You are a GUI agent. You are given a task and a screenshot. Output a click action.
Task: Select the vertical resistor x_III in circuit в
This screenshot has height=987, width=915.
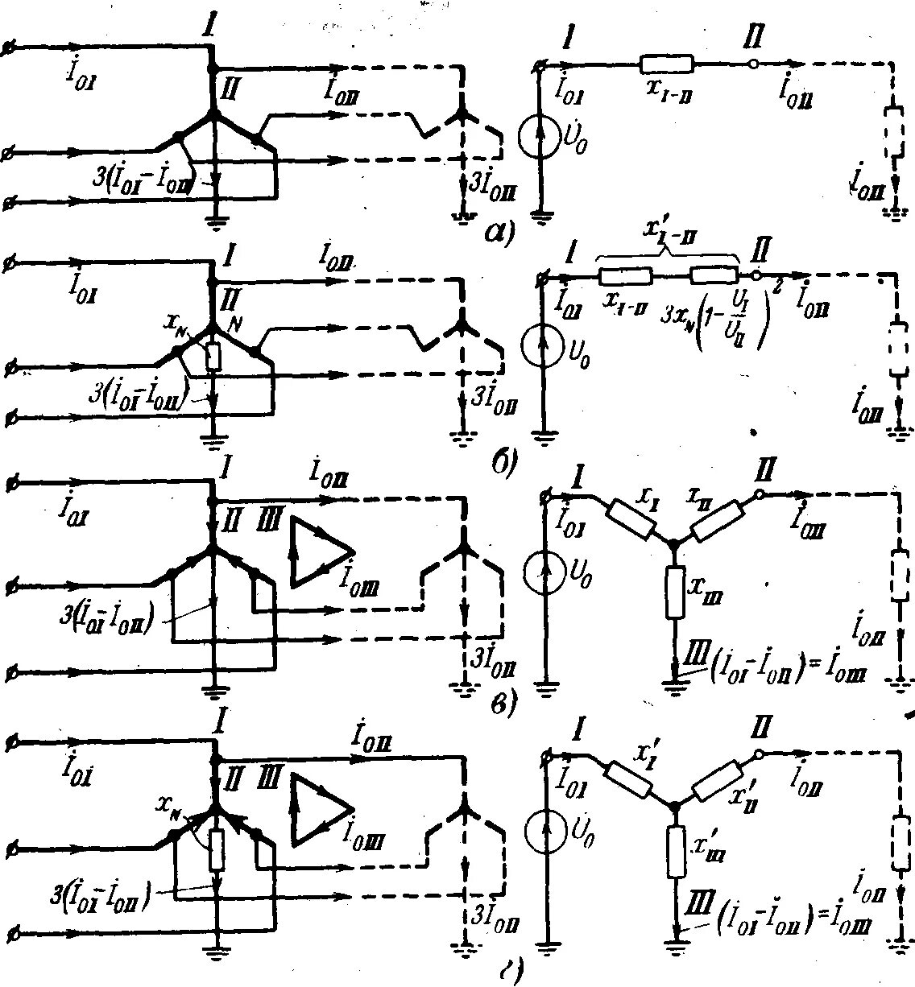pos(675,592)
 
